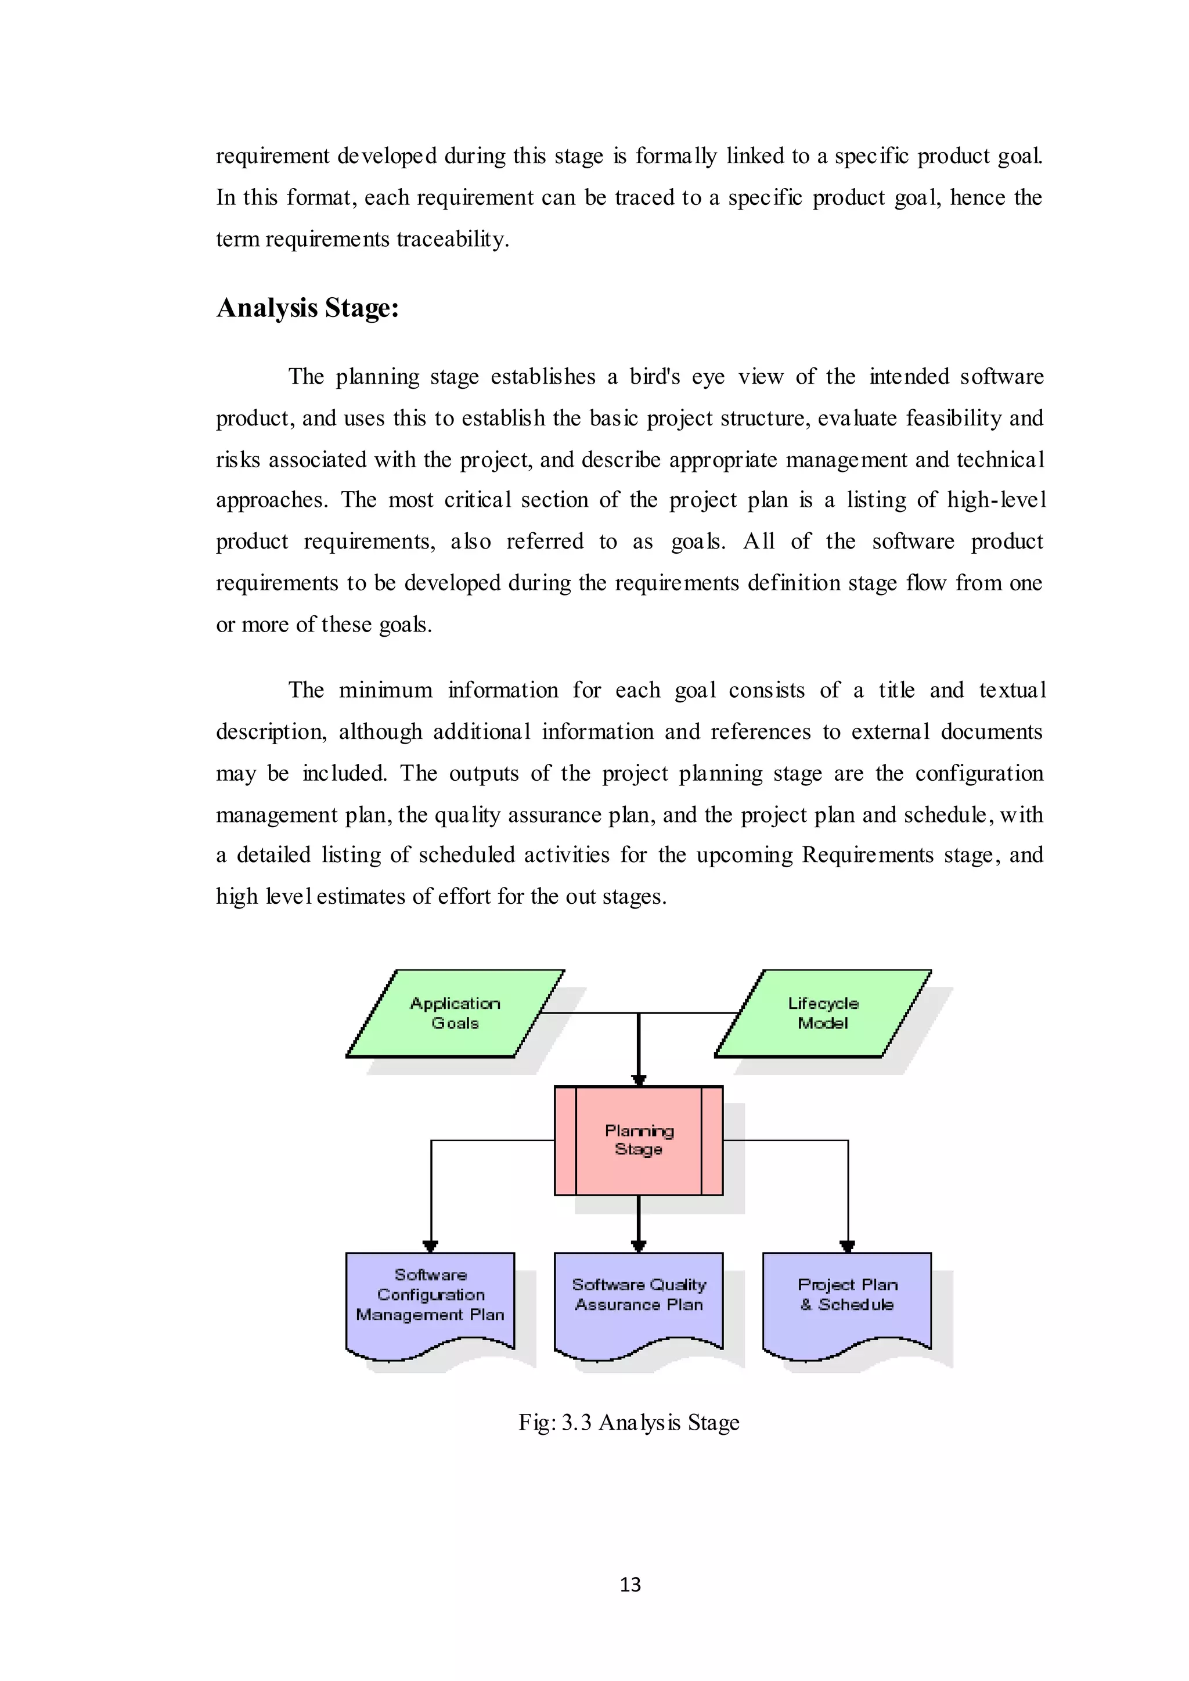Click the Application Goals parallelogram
point(455,1013)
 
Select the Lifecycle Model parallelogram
point(823,1013)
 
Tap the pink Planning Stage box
point(639,1140)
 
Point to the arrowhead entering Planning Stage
point(639,1079)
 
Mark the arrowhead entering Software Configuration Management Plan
point(431,1246)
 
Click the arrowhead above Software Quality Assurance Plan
point(639,1246)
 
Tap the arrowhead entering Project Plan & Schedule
point(847,1246)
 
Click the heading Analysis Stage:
point(308,308)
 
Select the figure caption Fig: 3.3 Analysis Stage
point(629,1423)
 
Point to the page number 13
point(630,1585)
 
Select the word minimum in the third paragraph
point(386,690)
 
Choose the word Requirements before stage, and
point(867,855)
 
